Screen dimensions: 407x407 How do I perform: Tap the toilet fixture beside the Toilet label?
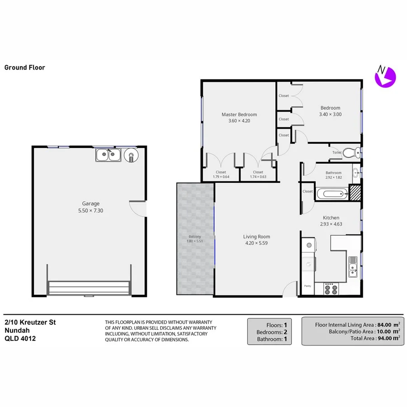[x=351, y=152]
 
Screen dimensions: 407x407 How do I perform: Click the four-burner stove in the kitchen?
[x=331, y=288]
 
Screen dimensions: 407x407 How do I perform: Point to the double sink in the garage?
[x=108, y=156]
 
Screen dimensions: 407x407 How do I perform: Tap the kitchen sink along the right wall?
[x=353, y=266]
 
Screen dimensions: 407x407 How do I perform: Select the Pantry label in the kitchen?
[x=308, y=286]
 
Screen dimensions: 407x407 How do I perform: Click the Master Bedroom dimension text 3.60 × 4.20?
[x=239, y=121]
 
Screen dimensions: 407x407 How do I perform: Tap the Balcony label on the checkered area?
[x=195, y=237]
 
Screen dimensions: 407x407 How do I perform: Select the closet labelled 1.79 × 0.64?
[x=221, y=175]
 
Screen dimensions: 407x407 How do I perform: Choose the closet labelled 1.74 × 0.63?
[x=258, y=175]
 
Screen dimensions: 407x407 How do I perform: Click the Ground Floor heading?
[x=24, y=68]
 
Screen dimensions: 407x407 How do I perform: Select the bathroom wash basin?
[x=356, y=172]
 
